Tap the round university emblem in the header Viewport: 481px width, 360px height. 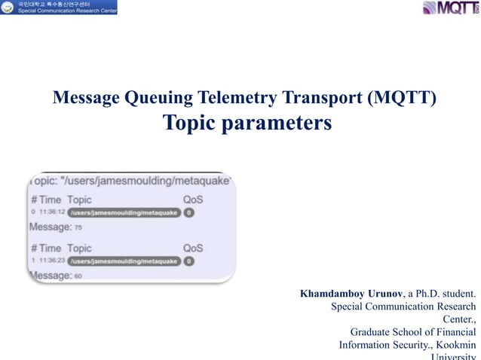tap(8, 8)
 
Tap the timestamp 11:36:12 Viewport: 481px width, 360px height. tap(51, 213)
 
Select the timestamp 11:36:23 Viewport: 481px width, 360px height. tap(51, 261)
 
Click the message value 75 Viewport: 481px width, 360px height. tap(78, 227)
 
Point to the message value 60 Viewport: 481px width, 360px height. tap(78, 276)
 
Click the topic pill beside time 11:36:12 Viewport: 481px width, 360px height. tap(124, 213)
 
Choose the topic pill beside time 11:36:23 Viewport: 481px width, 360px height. tap(124, 261)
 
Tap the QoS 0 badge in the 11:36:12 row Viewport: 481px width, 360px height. tap(188, 213)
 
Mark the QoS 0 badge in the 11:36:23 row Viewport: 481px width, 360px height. tap(188, 261)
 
